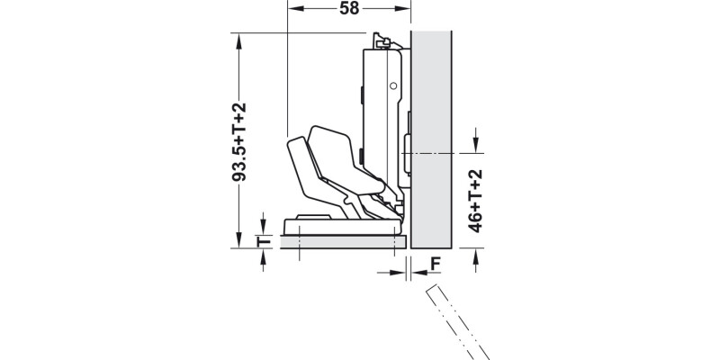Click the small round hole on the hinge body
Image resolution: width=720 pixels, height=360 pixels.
point(392,85)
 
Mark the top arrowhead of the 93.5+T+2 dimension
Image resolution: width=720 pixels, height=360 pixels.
point(239,39)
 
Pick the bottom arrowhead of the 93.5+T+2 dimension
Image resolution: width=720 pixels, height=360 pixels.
point(239,241)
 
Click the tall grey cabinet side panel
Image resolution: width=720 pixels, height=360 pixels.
point(430,135)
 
